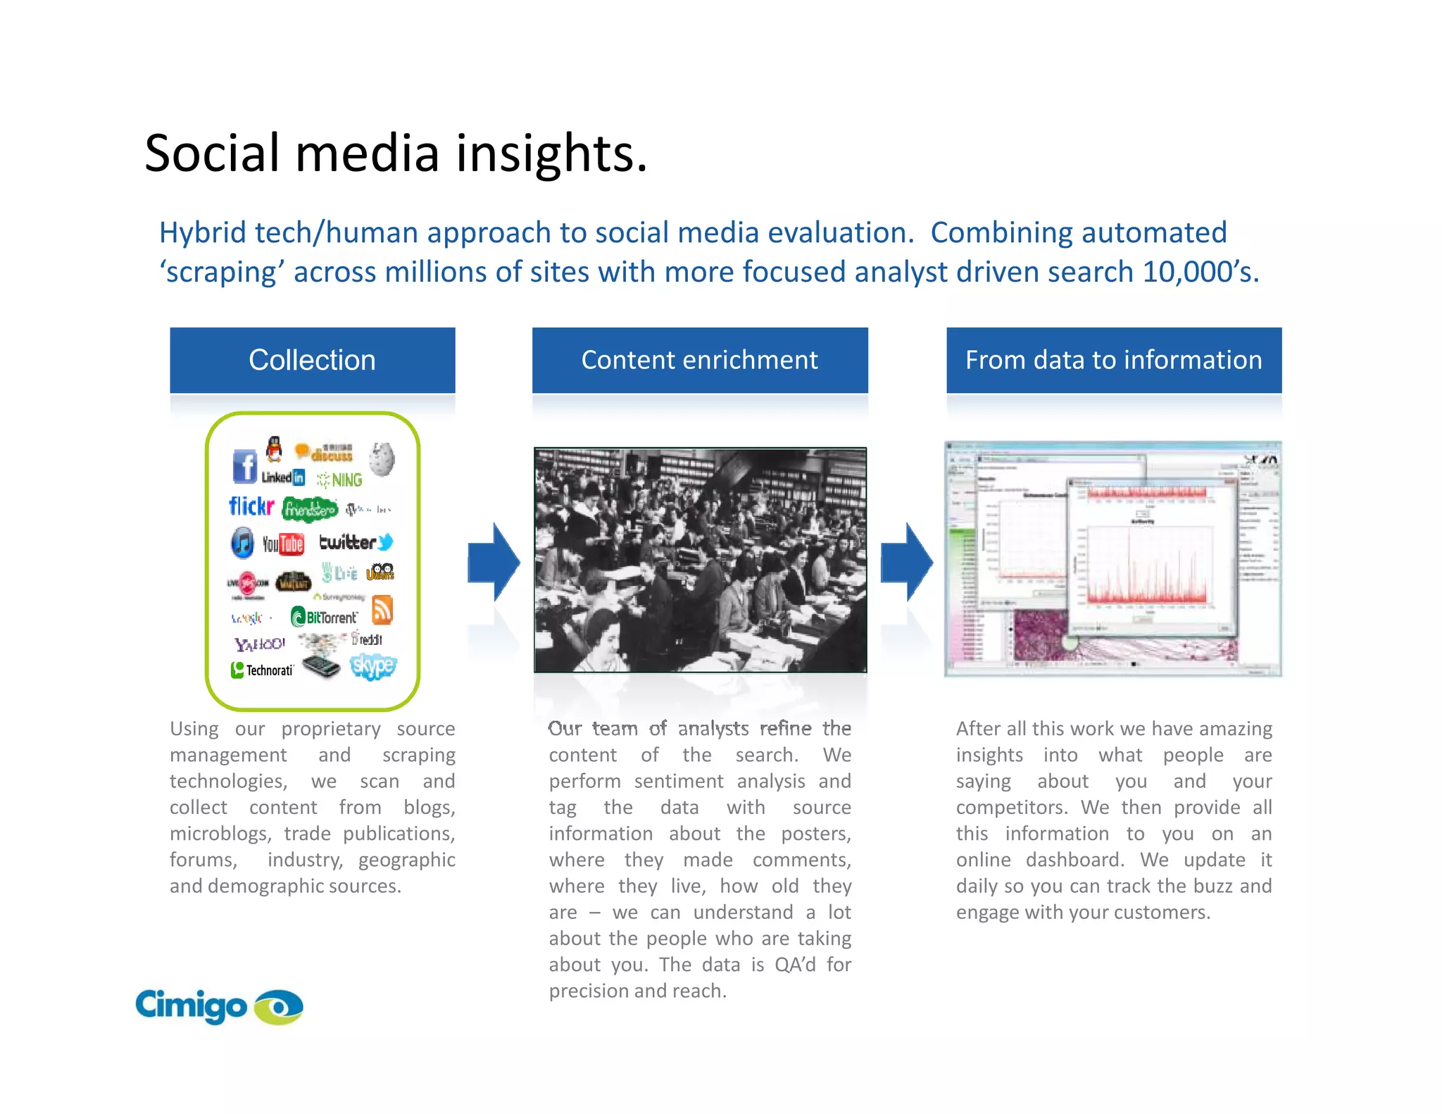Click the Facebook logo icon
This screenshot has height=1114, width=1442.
(x=244, y=466)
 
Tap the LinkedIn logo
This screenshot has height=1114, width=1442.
(x=283, y=477)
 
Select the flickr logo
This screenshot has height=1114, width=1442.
(x=251, y=506)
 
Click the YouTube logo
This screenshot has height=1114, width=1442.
(x=283, y=544)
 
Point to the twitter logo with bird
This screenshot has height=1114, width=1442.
(x=356, y=542)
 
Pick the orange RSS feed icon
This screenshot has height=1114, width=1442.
(x=382, y=610)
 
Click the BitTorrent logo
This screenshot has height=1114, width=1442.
(x=325, y=618)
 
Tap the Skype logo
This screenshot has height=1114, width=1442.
(x=373, y=665)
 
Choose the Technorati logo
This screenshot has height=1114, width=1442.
(x=262, y=670)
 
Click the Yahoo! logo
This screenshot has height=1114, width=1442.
(x=259, y=644)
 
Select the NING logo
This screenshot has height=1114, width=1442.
(x=340, y=480)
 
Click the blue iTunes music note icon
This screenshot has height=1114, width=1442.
(x=242, y=543)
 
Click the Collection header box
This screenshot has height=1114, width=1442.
(x=312, y=360)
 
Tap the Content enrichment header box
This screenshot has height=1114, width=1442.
(x=699, y=360)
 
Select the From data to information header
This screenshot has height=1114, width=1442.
(x=1113, y=360)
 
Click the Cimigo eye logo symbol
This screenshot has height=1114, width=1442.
(x=279, y=1007)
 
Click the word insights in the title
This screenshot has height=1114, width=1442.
(x=551, y=154)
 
